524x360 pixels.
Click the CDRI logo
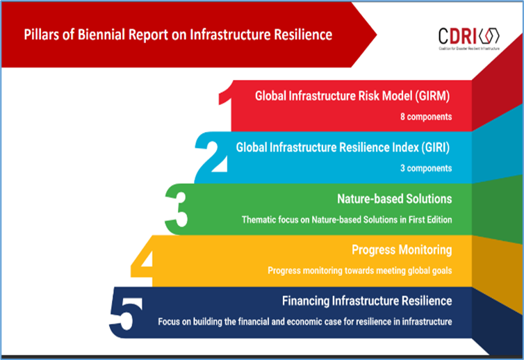[469, 38]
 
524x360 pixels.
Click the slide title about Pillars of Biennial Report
[178, 35]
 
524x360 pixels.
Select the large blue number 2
[212, 157]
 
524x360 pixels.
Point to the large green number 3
[177, 210]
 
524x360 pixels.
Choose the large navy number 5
[126, 313]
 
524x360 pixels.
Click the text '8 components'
[426, 117]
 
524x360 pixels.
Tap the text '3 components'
[426, 168]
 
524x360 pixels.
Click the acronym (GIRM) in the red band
[432, 97]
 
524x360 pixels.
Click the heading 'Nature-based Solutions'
[394, 199]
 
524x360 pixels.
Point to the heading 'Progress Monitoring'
[402, 249]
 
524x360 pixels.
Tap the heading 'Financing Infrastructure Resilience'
[367, 301]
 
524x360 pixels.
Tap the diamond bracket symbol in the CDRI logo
[489, 35]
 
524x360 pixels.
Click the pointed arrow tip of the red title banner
[376, 35]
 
